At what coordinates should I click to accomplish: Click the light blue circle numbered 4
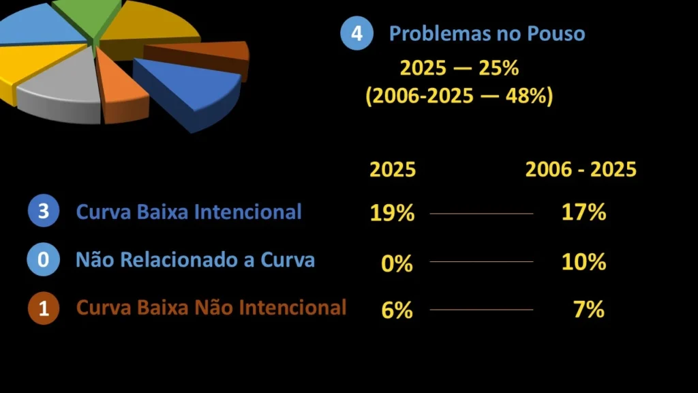(356, 33)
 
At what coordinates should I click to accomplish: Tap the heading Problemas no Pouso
(487, 33)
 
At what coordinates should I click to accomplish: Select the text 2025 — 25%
(459, 69)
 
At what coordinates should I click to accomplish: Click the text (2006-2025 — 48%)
(459, 96)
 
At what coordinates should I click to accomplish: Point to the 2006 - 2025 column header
(581, 170)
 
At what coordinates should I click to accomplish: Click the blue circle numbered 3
(44, 212)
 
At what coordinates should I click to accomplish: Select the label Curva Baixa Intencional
(189, 212)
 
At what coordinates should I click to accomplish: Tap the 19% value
(392, 214)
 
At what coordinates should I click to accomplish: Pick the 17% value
(583, 212)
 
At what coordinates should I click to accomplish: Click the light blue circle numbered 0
(44, 260)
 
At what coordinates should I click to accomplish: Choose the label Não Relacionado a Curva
(195, 260)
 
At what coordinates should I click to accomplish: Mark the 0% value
(397, 263)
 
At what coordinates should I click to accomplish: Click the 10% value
(583, 261)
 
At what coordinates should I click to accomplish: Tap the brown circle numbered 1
(44, 308)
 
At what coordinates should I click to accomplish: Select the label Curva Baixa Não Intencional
(211, 308)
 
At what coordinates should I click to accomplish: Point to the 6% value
(397, 310)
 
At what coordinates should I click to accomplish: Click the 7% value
(589, 310)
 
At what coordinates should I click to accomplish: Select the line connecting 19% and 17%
(481, 214)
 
